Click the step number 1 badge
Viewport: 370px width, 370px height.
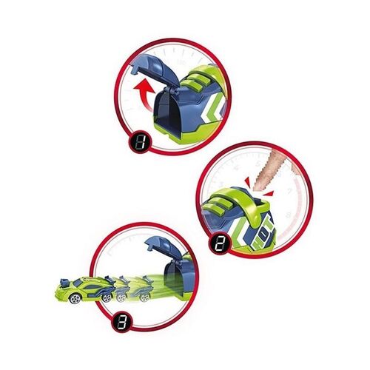[x=139, y=142]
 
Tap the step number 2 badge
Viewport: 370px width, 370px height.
[x=220, y=243]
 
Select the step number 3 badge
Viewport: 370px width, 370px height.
[x=122, y=322]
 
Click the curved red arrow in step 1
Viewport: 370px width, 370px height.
[x=145, y=95]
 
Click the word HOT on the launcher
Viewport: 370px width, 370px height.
[x=263, y=231]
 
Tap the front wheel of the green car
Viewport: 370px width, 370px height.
[x=75, y=298]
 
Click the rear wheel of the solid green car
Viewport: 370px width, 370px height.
[x=107, y=298]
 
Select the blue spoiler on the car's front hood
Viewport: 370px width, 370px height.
[x=65, y=283]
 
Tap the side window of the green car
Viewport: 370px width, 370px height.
[x=87, y=282]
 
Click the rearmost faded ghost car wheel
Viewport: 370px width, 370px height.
[x=144, y=297]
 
